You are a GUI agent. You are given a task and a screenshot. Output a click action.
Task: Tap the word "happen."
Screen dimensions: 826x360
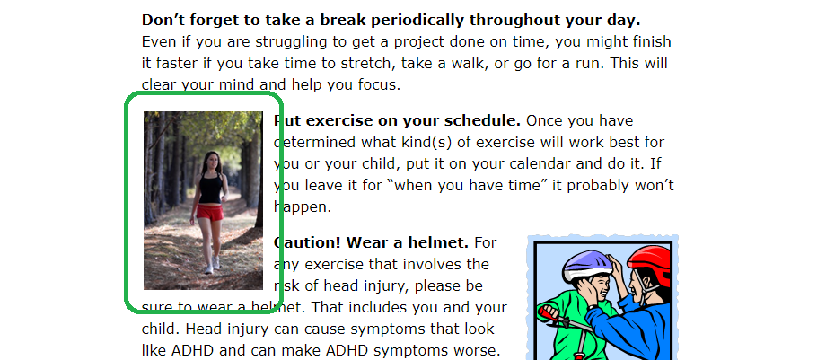click(x=303, y=207)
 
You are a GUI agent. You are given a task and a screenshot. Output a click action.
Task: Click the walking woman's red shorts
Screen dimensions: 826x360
click(x=210, y=213)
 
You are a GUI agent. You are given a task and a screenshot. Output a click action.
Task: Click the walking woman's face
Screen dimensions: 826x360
click(x=212, y=162)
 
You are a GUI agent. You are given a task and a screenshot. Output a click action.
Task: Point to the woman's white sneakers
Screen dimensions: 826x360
click(x=212, y=265)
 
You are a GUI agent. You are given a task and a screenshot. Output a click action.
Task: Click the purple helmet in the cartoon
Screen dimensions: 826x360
click(x=587, y=265)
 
